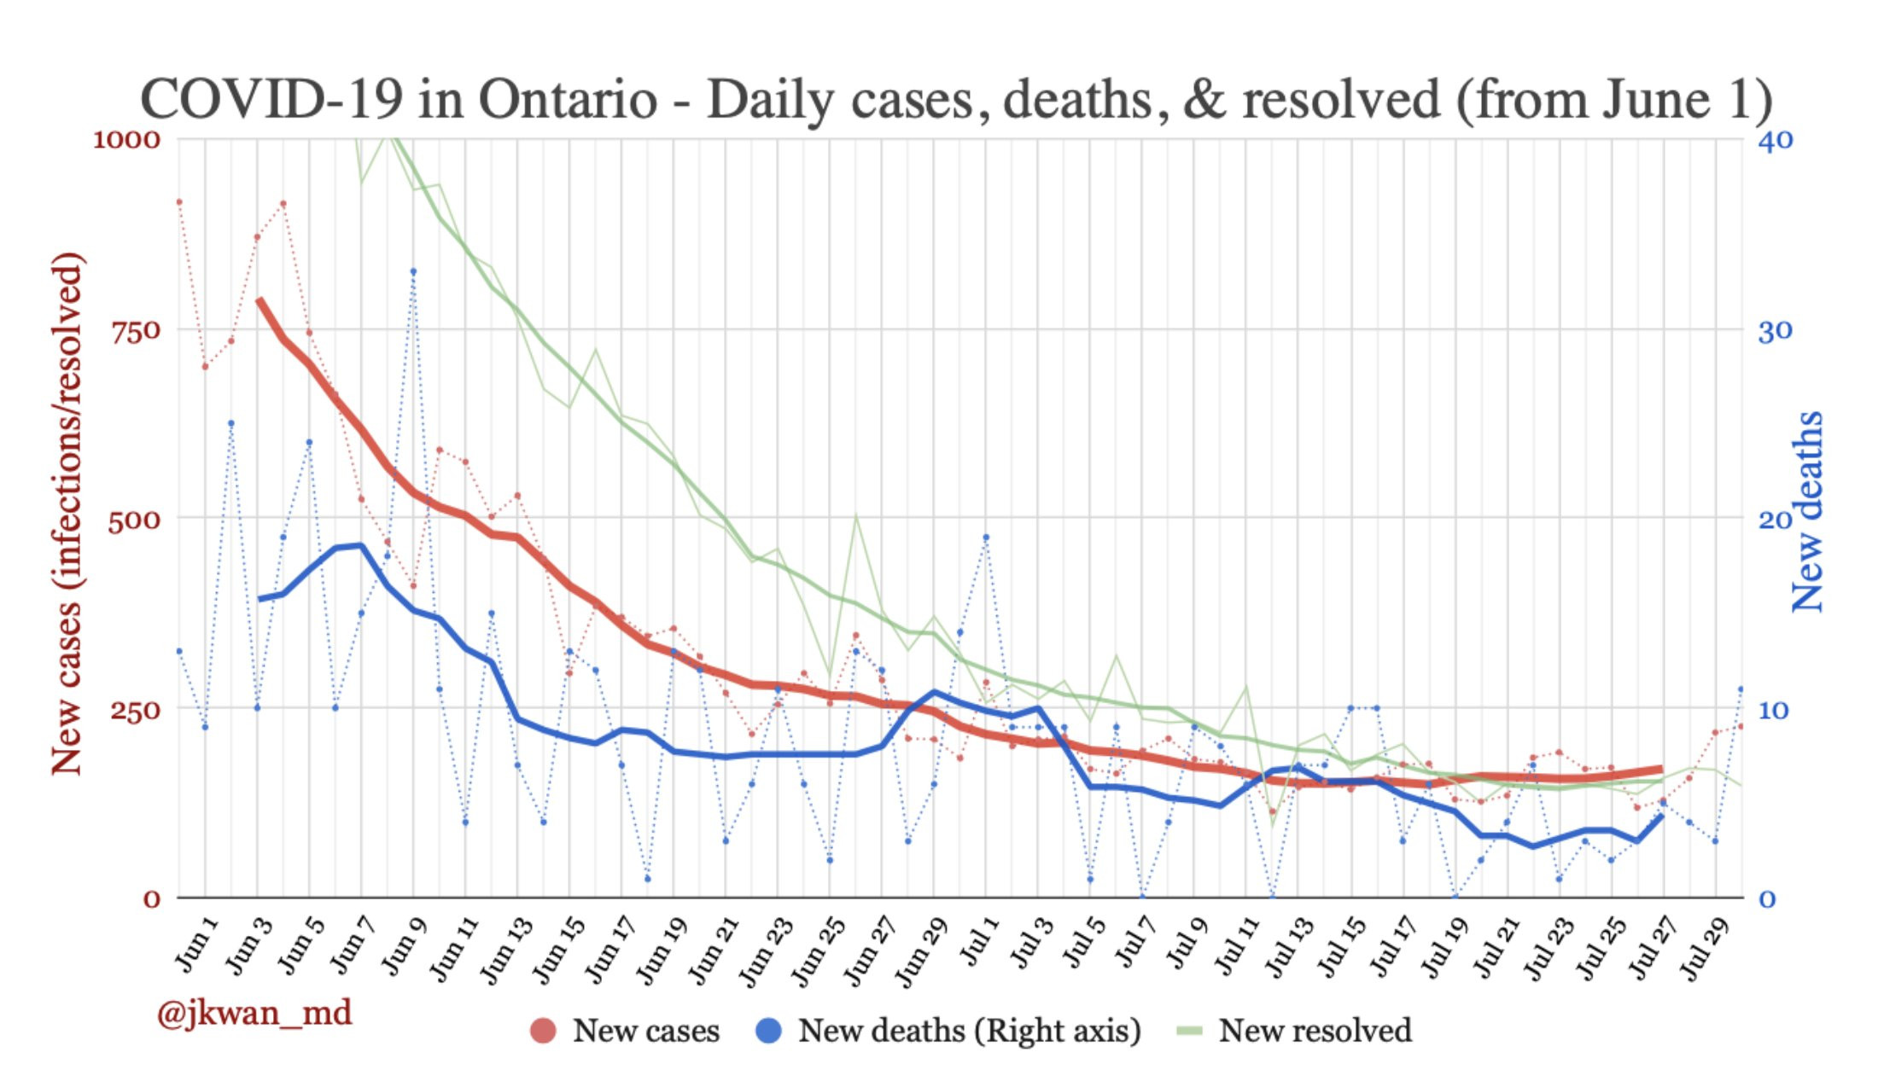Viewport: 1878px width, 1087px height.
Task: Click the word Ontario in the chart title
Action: [x=568, y=100]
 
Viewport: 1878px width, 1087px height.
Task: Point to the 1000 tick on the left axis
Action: [x=126, y=139]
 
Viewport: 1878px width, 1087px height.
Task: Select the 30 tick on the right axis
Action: [x=1775, y=330]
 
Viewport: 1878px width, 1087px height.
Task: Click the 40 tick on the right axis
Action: [x=1775, y=139]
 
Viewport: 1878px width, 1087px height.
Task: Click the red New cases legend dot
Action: [x=543, y=1031]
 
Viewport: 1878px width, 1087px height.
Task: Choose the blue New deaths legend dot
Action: [x=768, y=1031]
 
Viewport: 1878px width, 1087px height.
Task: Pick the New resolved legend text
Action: [x=1315, y=1031]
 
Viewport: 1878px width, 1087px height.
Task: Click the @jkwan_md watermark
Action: [x=254, y=1014]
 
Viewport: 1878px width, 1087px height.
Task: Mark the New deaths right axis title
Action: [x=1806, y=512]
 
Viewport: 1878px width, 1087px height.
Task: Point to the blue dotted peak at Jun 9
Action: [x=413, y=271]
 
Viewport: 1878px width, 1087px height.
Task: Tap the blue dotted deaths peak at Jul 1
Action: [x=986, y=537]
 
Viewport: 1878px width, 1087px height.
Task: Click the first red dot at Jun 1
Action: [x=179, y=202]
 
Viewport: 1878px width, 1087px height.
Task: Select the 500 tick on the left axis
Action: [x=135, y=520]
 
